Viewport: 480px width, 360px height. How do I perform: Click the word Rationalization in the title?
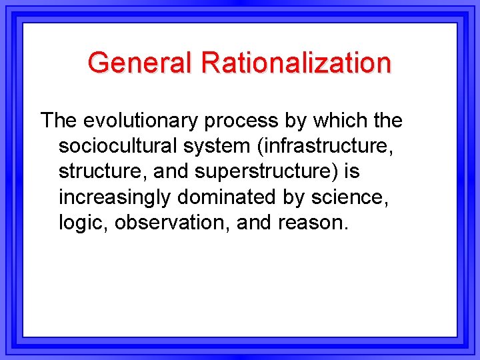coord(297,63)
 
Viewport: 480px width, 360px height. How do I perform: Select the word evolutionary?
coord(142,121)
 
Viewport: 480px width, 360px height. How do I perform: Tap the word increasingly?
coord(118,197)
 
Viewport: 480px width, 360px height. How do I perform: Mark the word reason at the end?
coord(315,223)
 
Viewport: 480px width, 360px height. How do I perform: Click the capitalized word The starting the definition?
coord(59,121)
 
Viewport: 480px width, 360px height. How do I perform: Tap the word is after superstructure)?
coord(352,171)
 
